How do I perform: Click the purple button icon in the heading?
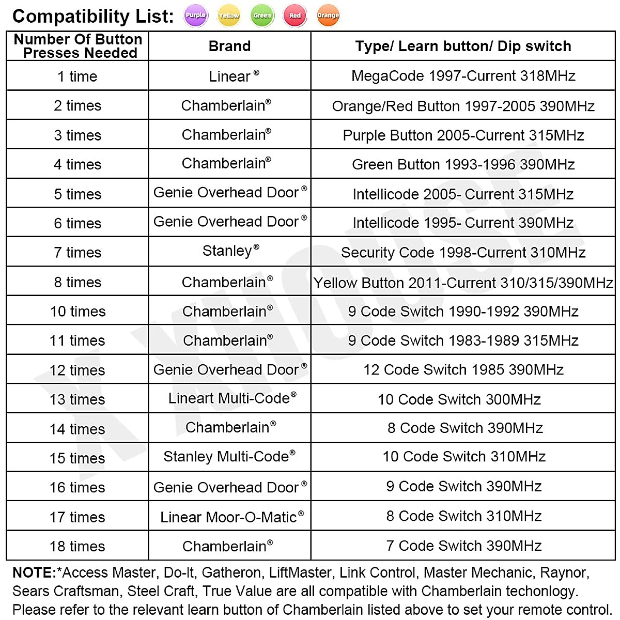coord(195,16)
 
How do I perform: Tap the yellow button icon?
coord(228,16)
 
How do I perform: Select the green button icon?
coord(262,16)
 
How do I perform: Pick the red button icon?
coord(295,16)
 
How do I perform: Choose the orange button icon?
coord(328,16)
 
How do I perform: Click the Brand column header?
coord(229,47)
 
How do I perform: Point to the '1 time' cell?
coord(78,76)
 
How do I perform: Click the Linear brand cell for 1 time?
coord(229,76)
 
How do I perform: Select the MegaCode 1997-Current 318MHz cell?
coord(463,76)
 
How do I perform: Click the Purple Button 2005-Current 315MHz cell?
coord(463,135)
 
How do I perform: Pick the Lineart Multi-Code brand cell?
coord(229,398)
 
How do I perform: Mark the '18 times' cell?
coord(78,546)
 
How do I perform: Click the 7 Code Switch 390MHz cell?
coord(463,546)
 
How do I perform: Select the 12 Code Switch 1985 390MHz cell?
coord(463,370)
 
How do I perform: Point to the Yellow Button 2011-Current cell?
coord(463,283)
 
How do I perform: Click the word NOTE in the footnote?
coord(34,572)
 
